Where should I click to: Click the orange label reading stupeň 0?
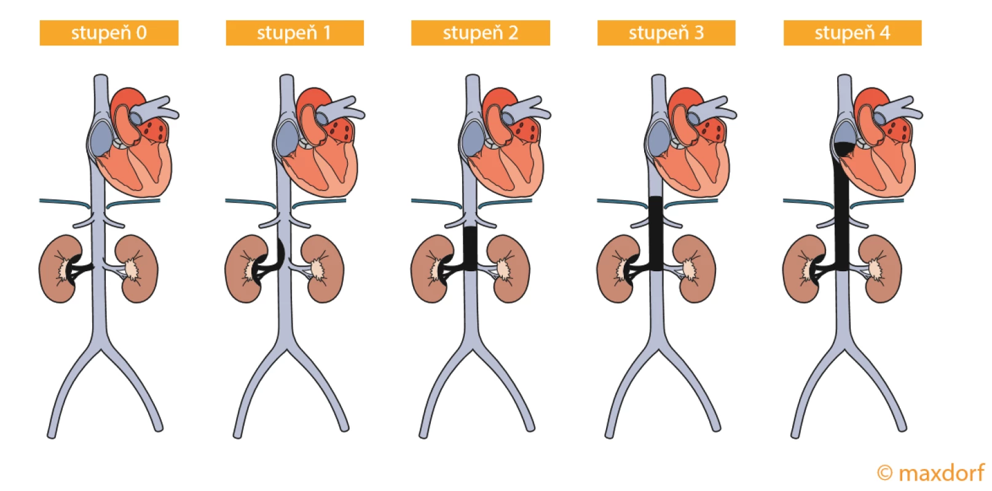(109, 33)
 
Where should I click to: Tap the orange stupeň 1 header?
(295, 33)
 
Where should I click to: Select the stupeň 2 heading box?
(481, 33)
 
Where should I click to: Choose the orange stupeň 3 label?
(666, 33)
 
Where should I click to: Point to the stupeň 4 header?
(852, 33)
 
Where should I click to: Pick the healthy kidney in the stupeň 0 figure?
(136, 269)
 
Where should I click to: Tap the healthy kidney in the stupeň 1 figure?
(323, 269)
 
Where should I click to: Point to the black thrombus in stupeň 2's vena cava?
(470, 249)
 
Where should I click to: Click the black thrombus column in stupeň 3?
(656, 233)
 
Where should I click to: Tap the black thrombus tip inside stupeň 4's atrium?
(844, 149)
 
